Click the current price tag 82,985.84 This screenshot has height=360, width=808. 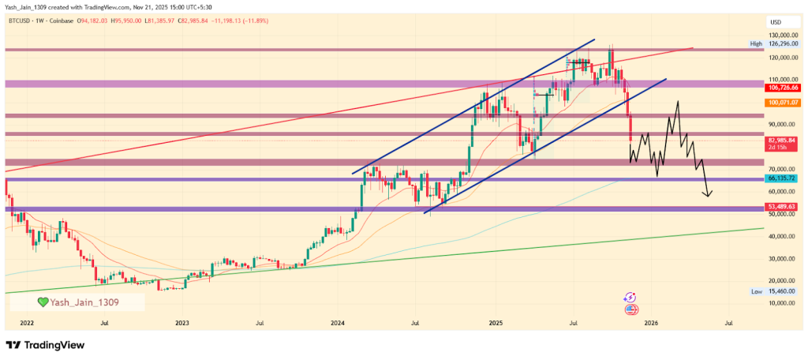coord(784,140)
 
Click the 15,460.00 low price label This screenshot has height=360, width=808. coord(784,291)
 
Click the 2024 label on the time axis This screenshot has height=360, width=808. coord(338,323)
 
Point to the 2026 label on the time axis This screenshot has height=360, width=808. coord(651,323)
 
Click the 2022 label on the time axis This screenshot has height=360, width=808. coord(27,323)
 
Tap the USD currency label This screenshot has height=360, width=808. coord(775,22)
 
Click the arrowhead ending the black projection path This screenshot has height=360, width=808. coord(709,195)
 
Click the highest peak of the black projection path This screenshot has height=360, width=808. coord(677,102)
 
